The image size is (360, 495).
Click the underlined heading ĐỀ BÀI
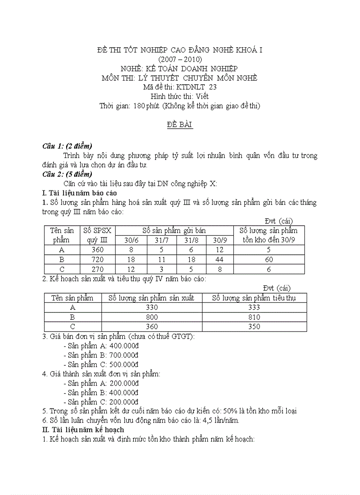click(180, 125)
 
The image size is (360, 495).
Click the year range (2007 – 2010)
click(180, 59)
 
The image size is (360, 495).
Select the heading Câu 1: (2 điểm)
click(67, 146)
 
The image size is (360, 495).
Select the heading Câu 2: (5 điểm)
click(67, 174)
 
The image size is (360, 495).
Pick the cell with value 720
click(97, 260)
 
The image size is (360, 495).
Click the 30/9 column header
click(219, 241)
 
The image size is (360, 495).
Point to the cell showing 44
click(219, 260)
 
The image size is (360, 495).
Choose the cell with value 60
click(269, 260)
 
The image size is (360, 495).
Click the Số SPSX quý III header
click(97, 235)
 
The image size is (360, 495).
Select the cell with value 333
click(254, 308)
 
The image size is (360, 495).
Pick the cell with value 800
click(152, 317)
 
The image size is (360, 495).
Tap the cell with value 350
click(254, 327)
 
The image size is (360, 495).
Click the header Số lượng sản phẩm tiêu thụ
click(254, 298)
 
